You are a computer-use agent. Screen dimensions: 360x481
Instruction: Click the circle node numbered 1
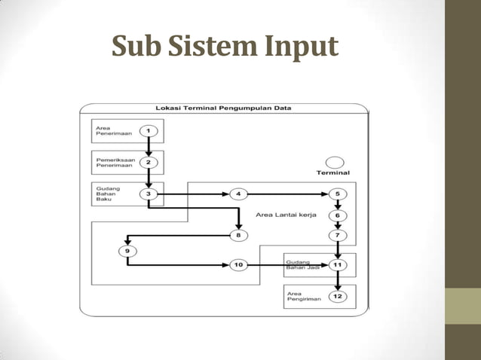click(x=149, y=131)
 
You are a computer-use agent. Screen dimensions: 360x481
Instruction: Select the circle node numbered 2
click(x=149, y=162)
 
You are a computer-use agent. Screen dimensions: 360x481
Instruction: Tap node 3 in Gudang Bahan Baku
click(x=149, y=194)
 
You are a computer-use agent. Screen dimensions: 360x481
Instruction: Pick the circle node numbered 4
click(x=238, y=194)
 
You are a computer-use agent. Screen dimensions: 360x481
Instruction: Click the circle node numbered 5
click(x=338, y=194)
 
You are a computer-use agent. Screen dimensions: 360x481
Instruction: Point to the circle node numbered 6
click(x=338, y=215)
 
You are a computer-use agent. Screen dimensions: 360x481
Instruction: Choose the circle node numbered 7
click(x=338, y=236)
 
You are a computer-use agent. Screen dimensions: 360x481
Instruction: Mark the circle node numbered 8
click(x=238, y=236)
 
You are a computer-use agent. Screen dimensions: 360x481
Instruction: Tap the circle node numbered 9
click(x=127, y=251)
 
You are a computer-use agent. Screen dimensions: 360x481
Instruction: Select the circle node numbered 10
click(x=238, y=265)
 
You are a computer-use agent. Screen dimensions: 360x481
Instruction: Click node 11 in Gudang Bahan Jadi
click(x=338, y=265)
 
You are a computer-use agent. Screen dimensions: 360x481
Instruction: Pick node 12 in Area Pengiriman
click(x=338, y=297)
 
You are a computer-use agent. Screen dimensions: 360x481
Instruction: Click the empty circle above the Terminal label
click(x=334, y=162)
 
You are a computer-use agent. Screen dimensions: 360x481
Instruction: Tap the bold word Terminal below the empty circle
click(x=332, y=173)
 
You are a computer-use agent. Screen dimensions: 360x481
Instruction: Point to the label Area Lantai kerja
click(x=286, y=215)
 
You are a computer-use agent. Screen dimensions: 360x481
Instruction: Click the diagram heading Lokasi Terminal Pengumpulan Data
click(x=223, y=108)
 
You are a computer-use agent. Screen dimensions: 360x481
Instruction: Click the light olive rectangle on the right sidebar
click(x=463, y=306)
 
